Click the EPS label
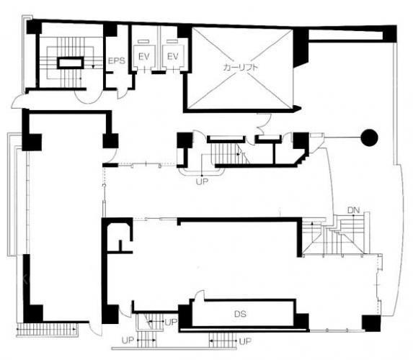[117, 60]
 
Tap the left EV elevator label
[144, 56]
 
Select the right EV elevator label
[172, 56]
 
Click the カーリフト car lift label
[240, 68]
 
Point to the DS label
[240, 314]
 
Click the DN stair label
[353, 210]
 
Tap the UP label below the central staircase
[202, 181]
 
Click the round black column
[369, 138]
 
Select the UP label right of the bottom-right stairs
[245, 341]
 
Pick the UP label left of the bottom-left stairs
[128, 341]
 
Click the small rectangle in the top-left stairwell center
[71, 63]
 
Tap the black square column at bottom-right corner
[371, 323]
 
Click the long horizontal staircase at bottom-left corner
[47, 329]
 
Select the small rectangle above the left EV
[143, 41]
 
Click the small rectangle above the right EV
[172, 41]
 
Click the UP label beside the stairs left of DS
[171, 322]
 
